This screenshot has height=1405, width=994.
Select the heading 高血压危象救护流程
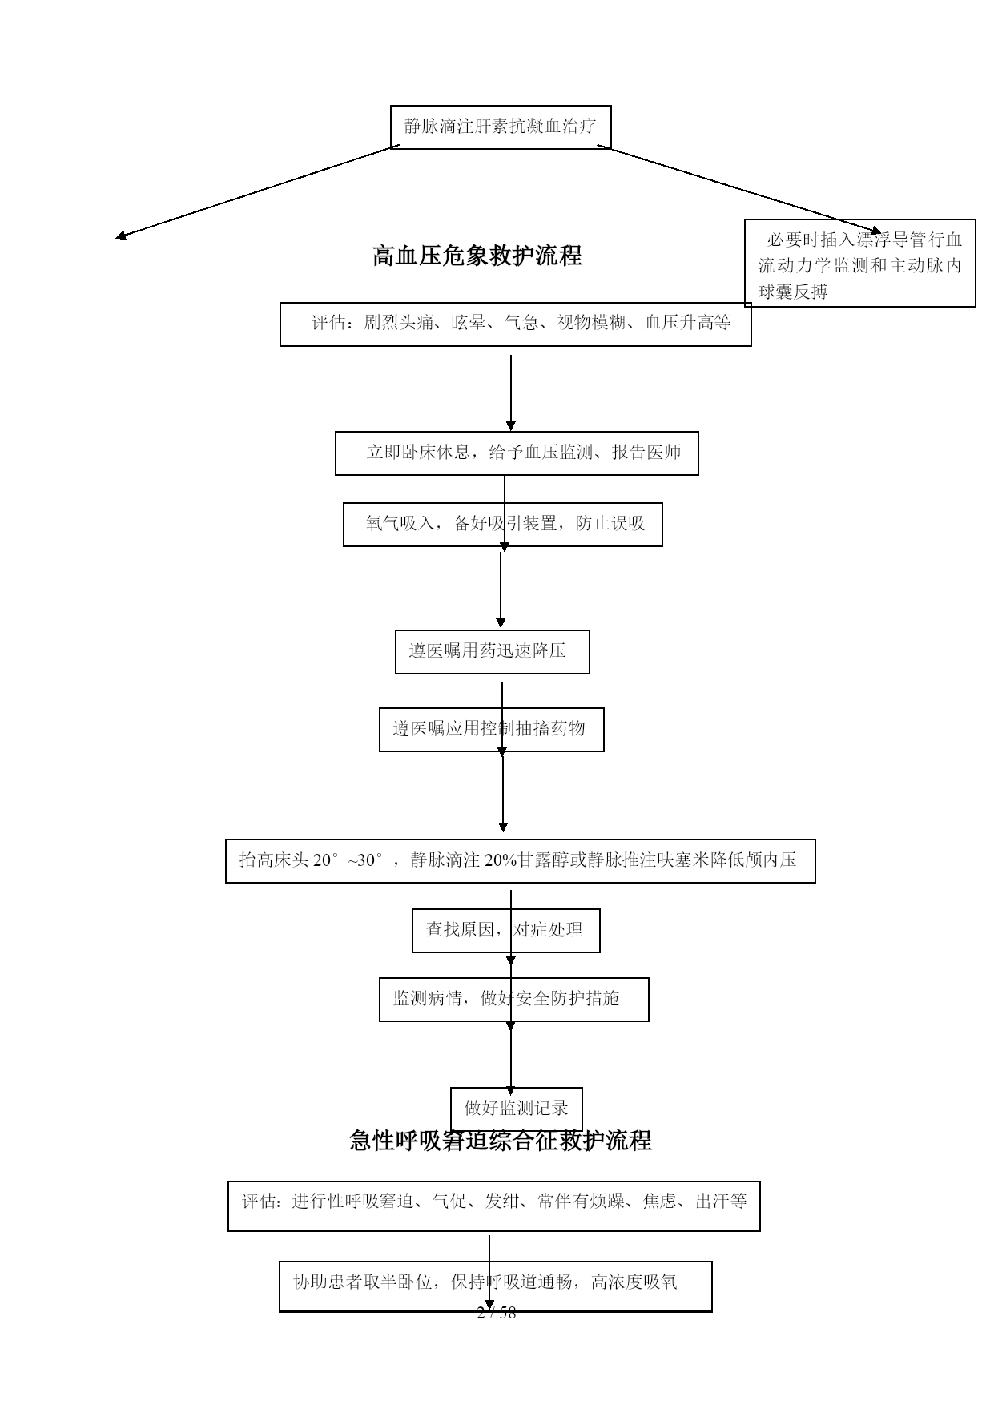(x=477, y=256)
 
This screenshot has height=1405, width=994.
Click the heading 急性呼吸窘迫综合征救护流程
(x=501, y=1140)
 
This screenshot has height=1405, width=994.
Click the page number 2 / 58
(x=497, y=1313)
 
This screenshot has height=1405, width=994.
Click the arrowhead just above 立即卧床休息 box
(x=511, y=426)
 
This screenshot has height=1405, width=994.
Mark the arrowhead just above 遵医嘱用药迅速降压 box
(x=501, y=623)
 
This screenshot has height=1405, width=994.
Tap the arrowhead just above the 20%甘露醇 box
(x=503, y=827)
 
